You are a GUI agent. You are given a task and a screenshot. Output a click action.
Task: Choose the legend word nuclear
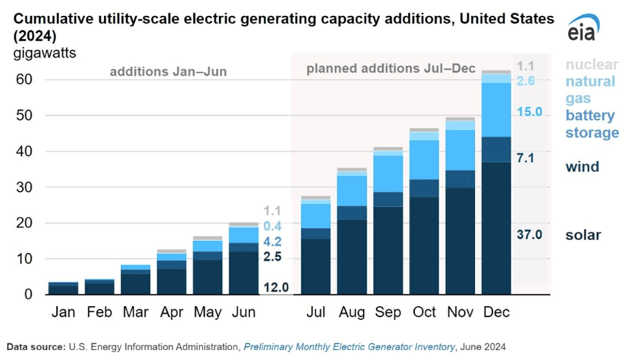click(x=592, y=65)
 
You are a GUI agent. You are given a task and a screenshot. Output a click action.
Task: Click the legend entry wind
click(x=582, y=167)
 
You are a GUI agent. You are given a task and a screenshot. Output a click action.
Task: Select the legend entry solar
click(x=583, y=235)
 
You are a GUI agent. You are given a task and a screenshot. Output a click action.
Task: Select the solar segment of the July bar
click(x=315, y=265)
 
